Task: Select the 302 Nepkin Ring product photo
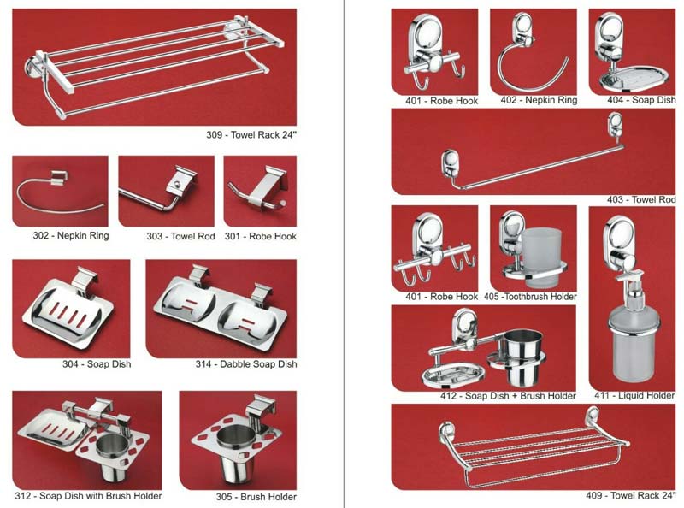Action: point(60,192)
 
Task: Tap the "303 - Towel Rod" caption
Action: point(180,235)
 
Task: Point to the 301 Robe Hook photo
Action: point(260,192)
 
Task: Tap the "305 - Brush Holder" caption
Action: point(256,496)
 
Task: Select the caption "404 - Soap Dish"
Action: point(640,100)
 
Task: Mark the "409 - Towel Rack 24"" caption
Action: point(630,495)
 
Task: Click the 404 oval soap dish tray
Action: point(629,79)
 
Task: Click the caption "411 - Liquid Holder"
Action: point(634,396)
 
